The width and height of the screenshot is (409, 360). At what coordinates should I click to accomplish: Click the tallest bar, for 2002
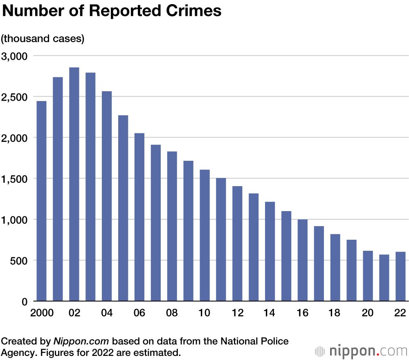click(74, 184)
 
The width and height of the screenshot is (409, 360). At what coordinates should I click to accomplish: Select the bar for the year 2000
click(41, 201)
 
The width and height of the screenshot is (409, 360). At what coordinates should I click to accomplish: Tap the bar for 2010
click(204, 235)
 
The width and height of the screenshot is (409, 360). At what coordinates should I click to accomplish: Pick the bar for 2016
click(303, 260)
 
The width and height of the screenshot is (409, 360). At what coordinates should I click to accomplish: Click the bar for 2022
click(400, 277)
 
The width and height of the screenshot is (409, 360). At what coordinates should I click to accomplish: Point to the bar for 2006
click(139, 217)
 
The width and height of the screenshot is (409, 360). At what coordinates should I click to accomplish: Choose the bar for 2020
click(368, 276)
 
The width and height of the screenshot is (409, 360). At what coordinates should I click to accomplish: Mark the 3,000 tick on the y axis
click(14, 56)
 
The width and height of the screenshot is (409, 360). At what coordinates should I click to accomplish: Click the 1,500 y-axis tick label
click(14, 179)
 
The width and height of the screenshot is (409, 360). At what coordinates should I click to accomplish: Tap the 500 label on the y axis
click(19, 261)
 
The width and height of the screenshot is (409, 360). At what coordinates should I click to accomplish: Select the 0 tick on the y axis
click(24, 301)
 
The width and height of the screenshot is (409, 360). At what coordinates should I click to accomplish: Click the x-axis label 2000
click(42, 313)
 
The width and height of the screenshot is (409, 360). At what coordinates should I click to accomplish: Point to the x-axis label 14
click(270, 313)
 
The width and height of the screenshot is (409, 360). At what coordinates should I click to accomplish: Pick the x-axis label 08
click(172, 313)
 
